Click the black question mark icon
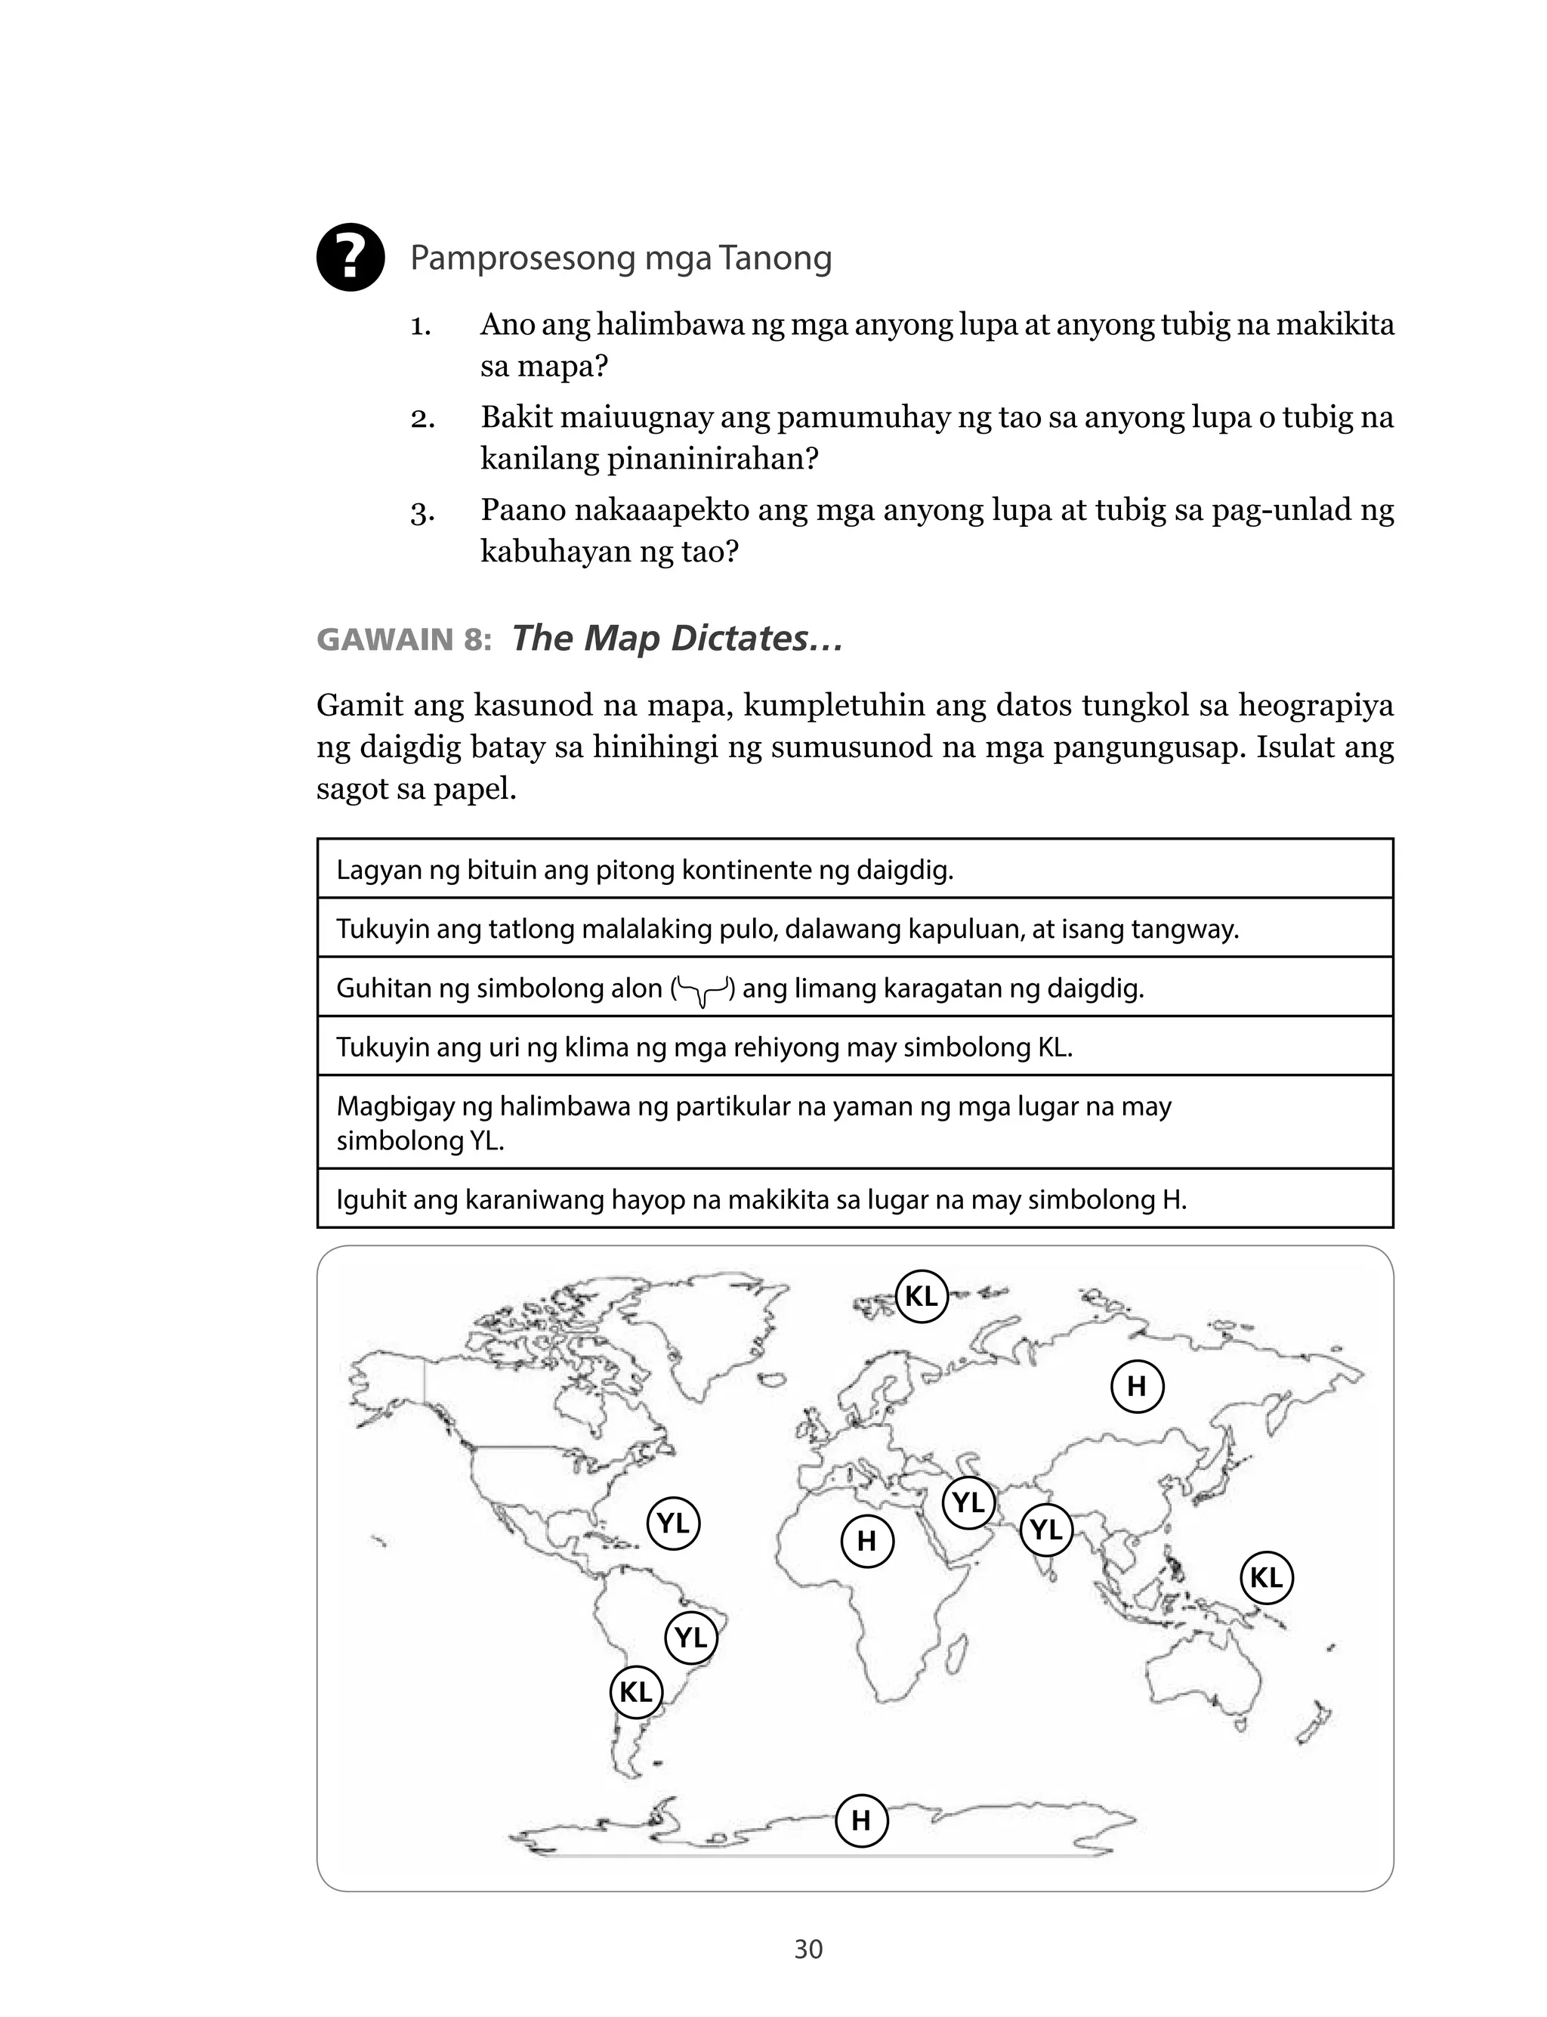(x=350, y=258)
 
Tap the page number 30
(x=807, y=1949)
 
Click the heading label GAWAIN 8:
(x=404, y=639)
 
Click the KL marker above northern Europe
(x=922, y=1296)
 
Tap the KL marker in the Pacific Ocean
(x=1267, y=1578)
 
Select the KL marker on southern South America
(x=636, y=1692)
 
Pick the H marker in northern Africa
(x=867, y=1541)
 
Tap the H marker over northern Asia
(x=1138, y=1386)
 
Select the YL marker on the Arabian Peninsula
(x=968, y=1503)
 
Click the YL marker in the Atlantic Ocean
(x=673, y=1524)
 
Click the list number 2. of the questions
(x=423, y=419)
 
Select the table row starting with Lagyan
(x=854, y=869)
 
